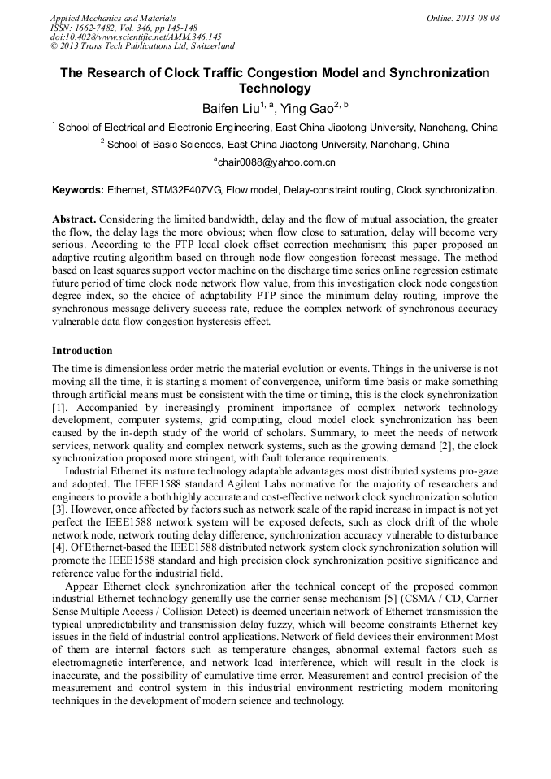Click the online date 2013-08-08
(475, 18)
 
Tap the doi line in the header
(136, 37)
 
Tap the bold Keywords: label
(78, 190)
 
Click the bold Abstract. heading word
(75, 219)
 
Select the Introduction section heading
(82, 351)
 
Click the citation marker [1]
(59, 405)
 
